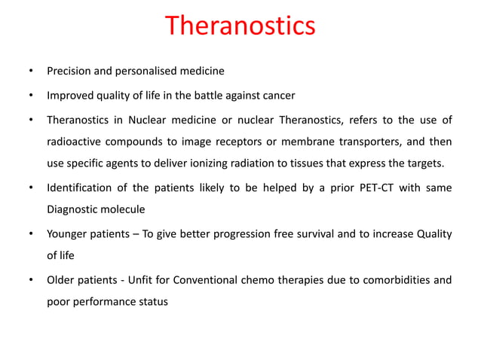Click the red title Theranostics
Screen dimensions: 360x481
click(240, 26)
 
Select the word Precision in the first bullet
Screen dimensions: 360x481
click(69, 72)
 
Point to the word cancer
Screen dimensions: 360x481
click(277, 96)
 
